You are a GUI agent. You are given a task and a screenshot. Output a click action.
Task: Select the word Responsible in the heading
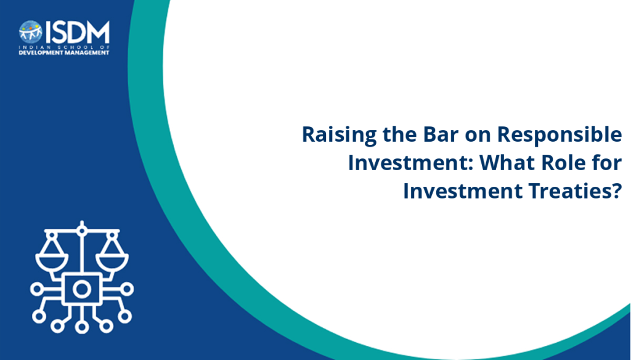(x=560, y=135)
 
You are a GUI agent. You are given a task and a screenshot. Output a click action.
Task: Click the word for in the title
(x=606, y=163)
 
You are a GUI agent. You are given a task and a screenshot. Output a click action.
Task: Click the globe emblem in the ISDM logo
(x=31, y=32)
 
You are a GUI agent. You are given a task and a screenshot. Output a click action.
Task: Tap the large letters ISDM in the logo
(x=77, y=32)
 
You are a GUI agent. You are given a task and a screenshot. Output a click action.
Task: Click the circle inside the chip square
(x=82, y=289)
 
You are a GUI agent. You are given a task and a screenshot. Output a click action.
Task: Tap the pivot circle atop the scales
(x=82, y=231)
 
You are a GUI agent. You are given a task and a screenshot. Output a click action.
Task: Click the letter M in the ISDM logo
(x=98, y=32)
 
